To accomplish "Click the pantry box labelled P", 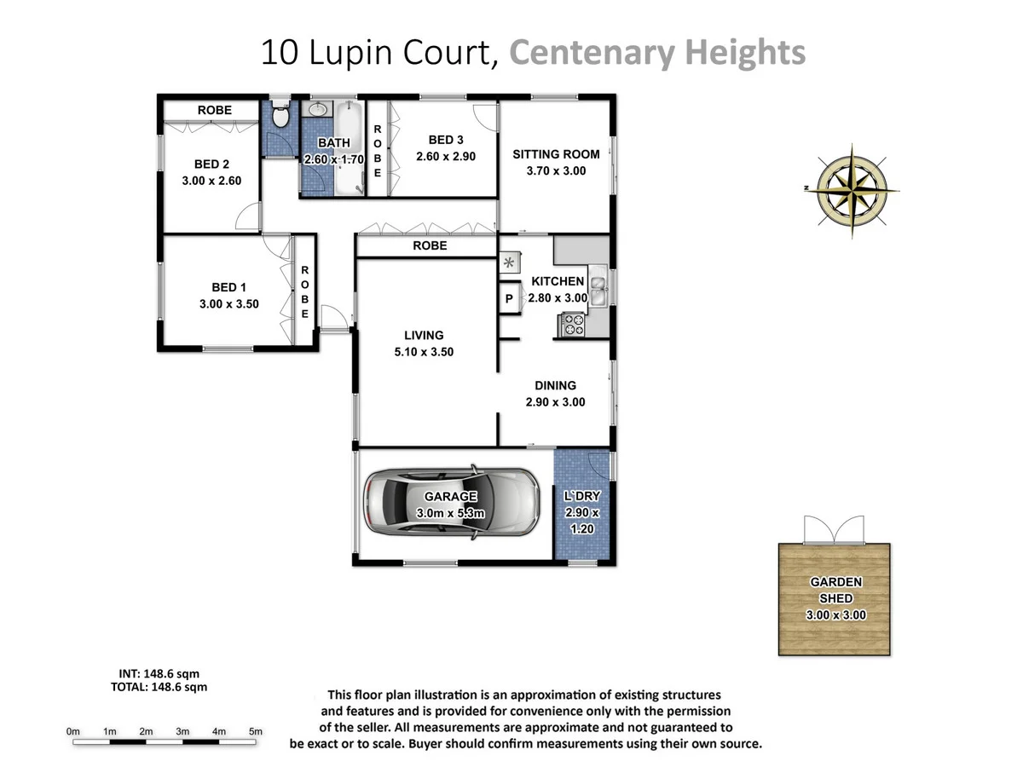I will click(509, 299).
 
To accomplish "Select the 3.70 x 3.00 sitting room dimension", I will click(556, 170).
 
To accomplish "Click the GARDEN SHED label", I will click(835, 590).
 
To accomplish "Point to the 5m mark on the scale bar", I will click(255, 731).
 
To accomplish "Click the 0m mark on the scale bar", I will click(73, 731).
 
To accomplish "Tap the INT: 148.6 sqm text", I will click(159, 673).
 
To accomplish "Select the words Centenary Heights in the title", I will click(656, 53).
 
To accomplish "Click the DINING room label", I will click(556, 385).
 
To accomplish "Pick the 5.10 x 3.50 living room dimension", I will click(424, 351).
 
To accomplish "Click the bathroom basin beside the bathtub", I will click(318, 110).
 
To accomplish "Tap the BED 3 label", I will click(445, 140).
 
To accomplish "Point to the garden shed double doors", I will click(835, 530).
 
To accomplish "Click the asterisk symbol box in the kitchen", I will click(510, 262).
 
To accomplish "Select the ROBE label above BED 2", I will click(214, 110).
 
